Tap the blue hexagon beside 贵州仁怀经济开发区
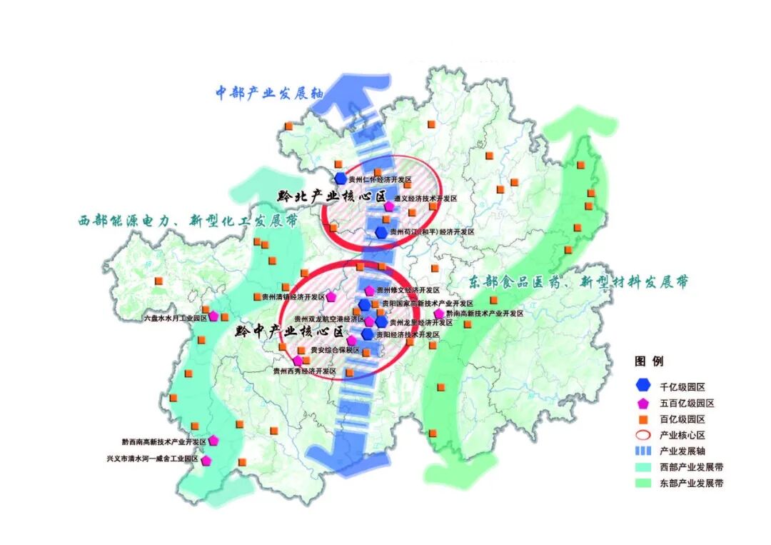pos(341,178)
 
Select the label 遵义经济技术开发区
pos(425,199)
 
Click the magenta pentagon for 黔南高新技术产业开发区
pos(439,314)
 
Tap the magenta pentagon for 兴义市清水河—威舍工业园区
pos(206,461)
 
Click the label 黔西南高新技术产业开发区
pos(164,442)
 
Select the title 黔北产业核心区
pos(332,196)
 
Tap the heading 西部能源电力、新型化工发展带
pos(188,221)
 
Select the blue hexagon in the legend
pos(643,386)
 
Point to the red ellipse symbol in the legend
pos(643,435)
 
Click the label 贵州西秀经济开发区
pos(305,371)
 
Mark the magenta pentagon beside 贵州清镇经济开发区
pos(331,296)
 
